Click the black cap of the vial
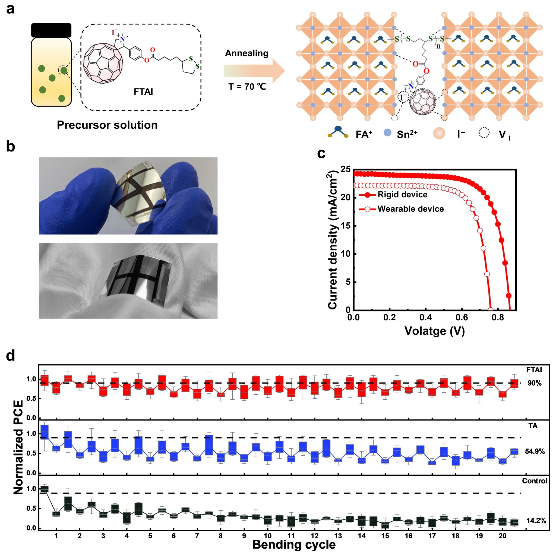pyautogui.click(x=51, y=30)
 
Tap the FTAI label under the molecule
pyautogui.click(x=143, y=92)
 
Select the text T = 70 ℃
pyautogui.click(x=247, y=86)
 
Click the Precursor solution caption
pyautogui.click(x=107, y=125)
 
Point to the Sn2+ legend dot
pyautogui.click(x=388, y=133)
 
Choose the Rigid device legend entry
pyautogui.click(x=402, y=195)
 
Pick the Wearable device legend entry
pyautogui.click(x=410, y=209)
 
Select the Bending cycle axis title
pyautogui.click(x=294, y=545)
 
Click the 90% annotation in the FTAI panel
pyautogui.click(x=534, y=383)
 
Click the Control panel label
pyautogui.click(x=534, y=481)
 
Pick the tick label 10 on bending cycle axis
pyautogui.click(x=268, y=536)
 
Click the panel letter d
pyautogui.click(x=11, y=356)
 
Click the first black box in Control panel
pyautogui.click(x=45, y=489)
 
